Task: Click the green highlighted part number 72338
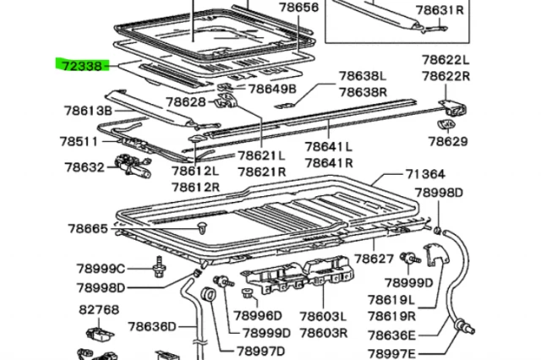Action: [80, 64]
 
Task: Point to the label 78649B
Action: [271, 89]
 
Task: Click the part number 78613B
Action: [88, 110]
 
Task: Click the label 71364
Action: [424, 174]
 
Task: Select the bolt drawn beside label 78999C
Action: [159, 270]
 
